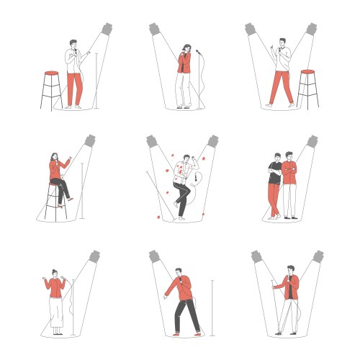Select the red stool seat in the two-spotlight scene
point(307,72)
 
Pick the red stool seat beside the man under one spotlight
point(51,73)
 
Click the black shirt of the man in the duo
point(275,173)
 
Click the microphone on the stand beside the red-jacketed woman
point(198,52)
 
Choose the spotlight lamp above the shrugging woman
point(94,256)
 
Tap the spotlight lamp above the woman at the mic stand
point(155,30)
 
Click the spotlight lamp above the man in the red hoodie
point(154,256)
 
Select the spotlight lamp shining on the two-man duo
point(311,140)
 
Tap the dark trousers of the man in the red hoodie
point(185,315)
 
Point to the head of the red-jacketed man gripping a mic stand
point(289,271)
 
